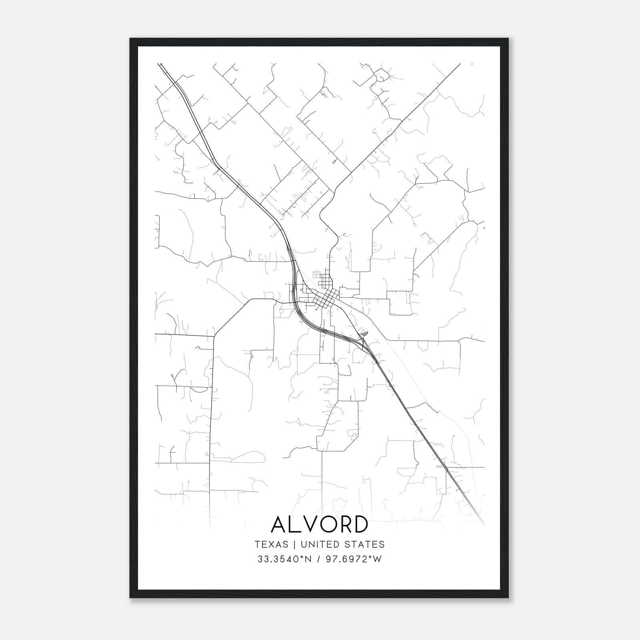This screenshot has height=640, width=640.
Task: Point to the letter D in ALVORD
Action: pyautogui.click(x=360, y=524)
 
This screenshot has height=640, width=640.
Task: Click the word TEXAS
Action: pyautogui.click(x=271, y=544)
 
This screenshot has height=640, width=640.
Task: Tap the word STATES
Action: pyautogui.click(x=364, y=544)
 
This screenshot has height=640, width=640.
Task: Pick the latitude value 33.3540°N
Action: pyautogui.click(x=284, y=559)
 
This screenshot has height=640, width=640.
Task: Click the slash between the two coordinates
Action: pyautogui.click(x=318, y=559)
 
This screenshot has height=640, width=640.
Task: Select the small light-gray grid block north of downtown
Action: pyautogui.click(x=316, y=275)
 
